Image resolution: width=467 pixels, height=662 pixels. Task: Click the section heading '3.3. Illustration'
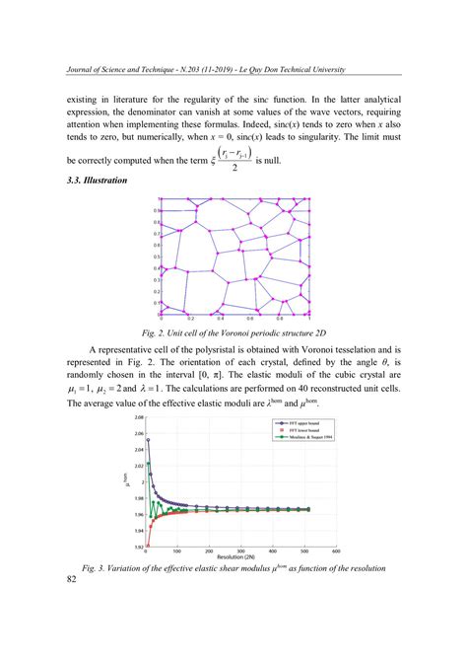tap(98, 181)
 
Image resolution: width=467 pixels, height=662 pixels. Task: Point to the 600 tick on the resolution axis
tap(337, 551)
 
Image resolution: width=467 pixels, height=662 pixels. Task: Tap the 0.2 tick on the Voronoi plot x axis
tap(191, 320)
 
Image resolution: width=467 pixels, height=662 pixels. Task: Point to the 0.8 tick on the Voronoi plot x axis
tap(280, 320)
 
